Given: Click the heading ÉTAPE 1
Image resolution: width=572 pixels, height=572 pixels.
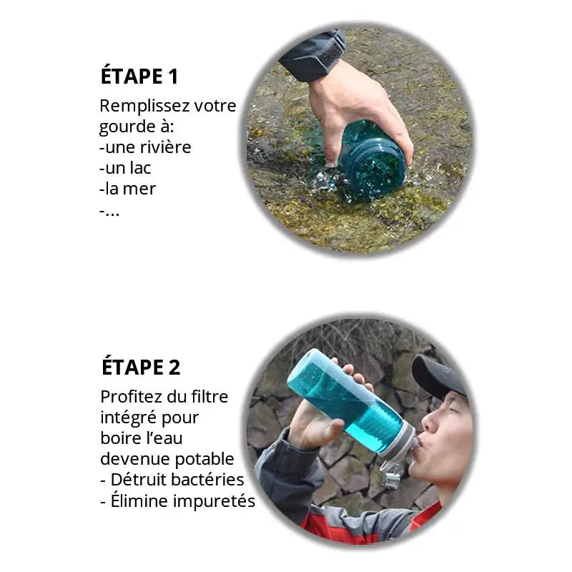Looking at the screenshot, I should point(139,77).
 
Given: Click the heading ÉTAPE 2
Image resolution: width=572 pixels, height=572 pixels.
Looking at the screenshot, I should point(141,368).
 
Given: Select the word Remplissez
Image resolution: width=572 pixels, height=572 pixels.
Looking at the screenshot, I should point(134,107).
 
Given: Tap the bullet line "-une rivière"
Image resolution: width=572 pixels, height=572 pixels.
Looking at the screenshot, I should point(145,148).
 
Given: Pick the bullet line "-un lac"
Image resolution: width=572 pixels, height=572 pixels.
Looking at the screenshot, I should point(125,169).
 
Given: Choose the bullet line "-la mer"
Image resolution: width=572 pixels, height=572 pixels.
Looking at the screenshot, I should point(127,189).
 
